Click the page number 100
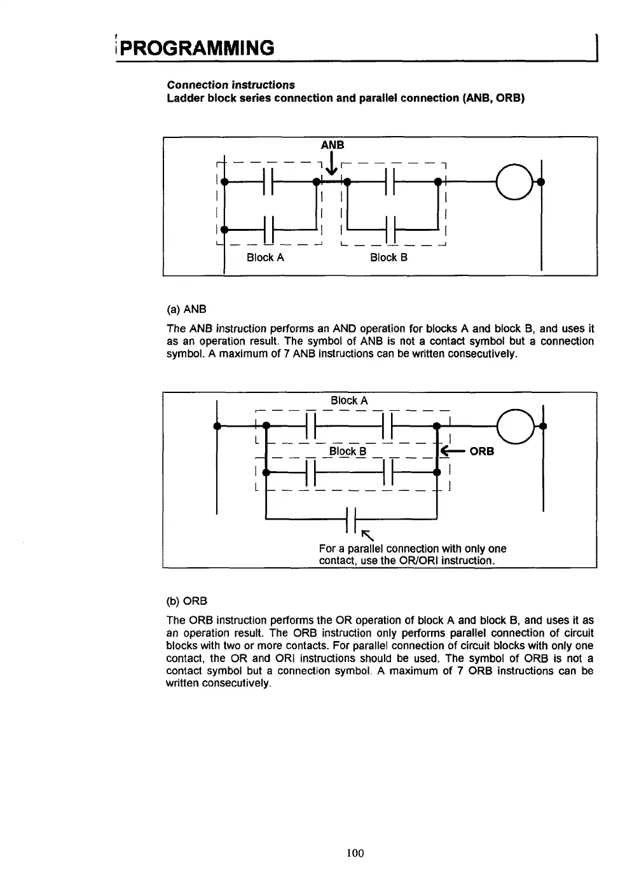[355, 853]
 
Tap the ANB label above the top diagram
[333, 145]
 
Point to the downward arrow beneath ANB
[331, 165]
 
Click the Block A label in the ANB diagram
[265, 258]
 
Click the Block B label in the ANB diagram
[388, 258]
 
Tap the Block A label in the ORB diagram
[349, 401]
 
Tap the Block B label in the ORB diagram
[348, 451]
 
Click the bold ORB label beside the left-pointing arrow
[481, 451]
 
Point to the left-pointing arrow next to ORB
[452, 451]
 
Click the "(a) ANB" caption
[186, 310]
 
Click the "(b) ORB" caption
[186, 601]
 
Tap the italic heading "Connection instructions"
[231, 85]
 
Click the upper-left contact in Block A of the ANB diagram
[268, 182]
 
